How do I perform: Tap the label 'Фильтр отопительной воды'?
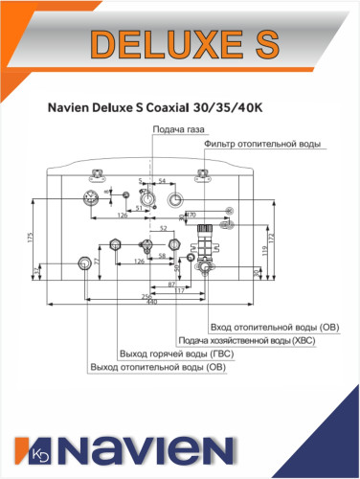pos(262,144)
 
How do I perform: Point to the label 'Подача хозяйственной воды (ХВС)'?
pos(242,340)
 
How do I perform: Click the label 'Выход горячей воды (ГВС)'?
pos(177,353)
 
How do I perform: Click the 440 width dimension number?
pos(150,305)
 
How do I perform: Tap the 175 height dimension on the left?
pos(34,236)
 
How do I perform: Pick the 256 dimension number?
pos(147,297)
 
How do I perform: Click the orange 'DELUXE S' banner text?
pos(181,43)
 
